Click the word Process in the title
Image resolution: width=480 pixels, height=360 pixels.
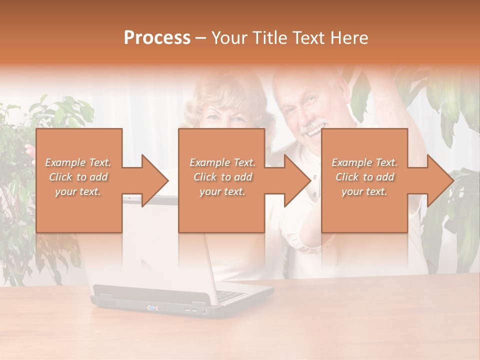click(x=157, y=37)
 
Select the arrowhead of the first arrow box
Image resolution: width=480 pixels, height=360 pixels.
click(x=155, y=180)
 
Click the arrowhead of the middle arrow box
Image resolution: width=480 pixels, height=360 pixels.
click(x=298, y=180)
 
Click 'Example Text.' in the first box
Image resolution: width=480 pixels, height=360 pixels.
click(x=78, y=162)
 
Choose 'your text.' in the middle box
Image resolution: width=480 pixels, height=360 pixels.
click(x=222, y=191)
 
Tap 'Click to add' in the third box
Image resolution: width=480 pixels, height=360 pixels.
click(x=365, y=177)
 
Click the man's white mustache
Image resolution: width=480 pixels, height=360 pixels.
click(x=311, y=128)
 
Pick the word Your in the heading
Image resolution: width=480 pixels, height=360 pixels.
click(x=229, y=37)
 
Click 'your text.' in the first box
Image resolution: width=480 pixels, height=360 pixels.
click(x=78, y=191)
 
